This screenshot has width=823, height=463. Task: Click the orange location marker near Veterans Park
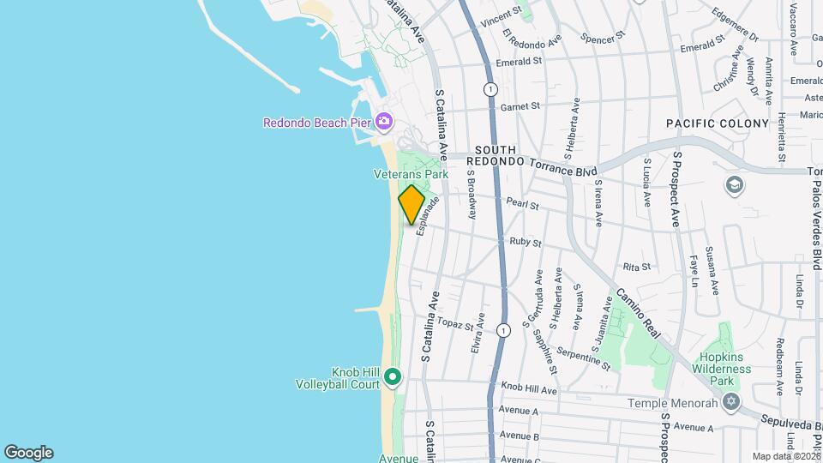pyautogui.click(x=411, y=204)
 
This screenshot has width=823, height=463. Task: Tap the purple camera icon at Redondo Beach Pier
pyautogui.click(x=384, y=121)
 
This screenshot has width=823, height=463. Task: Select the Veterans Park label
pyautogui.click(x=411, y=174)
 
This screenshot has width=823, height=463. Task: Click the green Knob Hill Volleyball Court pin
pyautogui.click(x=393, y=376)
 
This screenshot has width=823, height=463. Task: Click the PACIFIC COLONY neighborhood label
pyautogui.click(x=718, y=124)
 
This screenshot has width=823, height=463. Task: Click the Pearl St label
pyautogui.click(x=521, y=205)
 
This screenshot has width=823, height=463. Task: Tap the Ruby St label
pyautogui.click(x=525, y=243)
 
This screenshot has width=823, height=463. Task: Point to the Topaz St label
pyautogui.click(x=455, y=324)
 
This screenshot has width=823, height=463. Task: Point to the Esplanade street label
pyautogui.click(x=428, y=215)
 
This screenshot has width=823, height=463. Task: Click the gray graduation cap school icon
pyautogui.click(x=734, y=185)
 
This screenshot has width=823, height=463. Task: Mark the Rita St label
pyautogui.click(x=637, y=268)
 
